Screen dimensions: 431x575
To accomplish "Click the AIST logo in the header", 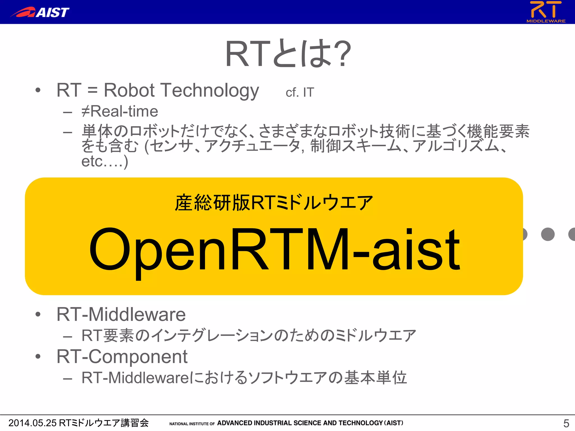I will (40, 12).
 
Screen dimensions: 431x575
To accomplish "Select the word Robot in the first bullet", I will (129, 90).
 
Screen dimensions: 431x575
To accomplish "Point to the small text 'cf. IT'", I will (300, 92).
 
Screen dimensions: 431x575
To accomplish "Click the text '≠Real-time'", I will (120, 111).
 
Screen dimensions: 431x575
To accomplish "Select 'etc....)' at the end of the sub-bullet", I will (104, 161).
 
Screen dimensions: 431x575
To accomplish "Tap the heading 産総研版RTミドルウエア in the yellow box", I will (274, 203).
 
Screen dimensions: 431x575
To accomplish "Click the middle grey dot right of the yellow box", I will (547, 234).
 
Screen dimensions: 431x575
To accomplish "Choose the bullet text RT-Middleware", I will (121, 314).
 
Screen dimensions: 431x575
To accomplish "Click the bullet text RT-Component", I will (122, 357).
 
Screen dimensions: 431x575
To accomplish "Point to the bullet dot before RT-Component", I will (38, 357).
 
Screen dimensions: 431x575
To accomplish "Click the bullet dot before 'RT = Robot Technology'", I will (38, 90).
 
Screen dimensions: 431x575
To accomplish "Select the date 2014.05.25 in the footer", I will (33, 423).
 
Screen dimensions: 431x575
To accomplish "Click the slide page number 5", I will (566, 423).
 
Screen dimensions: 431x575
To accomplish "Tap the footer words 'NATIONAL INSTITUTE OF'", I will (192, 424).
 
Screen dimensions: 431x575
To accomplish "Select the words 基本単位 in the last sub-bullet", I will (376, 378).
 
